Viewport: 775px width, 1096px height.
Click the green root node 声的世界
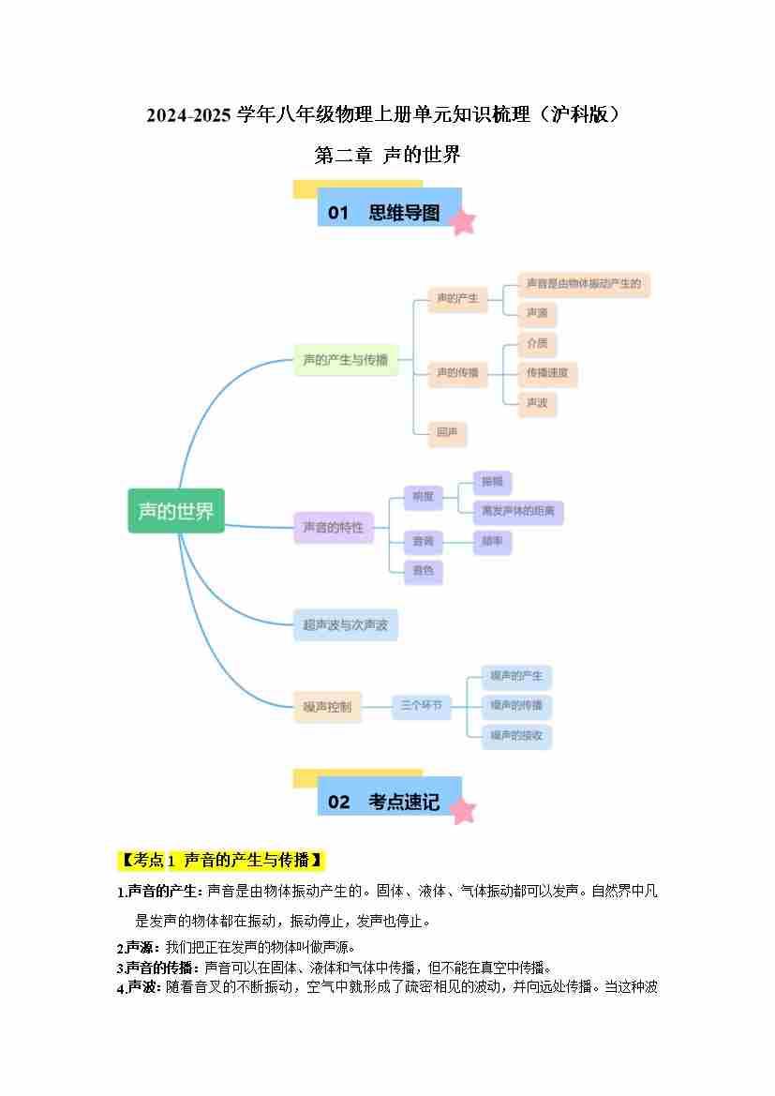coord(176,511)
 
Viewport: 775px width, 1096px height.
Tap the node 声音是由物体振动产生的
coord(583,284)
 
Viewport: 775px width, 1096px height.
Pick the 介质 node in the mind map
coord(537,343)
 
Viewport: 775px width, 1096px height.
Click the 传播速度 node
coord(548,374)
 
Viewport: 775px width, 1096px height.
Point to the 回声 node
coord(446,433)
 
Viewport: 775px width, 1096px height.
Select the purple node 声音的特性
coord(333,528)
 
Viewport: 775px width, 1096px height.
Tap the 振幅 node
coord(492,483)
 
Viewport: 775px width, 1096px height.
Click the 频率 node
coord(492,542)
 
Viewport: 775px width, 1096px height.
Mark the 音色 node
coord(423,571)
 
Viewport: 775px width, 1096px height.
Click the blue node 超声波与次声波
coord(345,624)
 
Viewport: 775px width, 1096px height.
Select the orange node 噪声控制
coord(327,707)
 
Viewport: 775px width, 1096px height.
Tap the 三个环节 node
coord(421,705)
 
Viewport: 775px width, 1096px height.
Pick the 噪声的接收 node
coord(515,736)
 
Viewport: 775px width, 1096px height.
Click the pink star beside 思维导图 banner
coord(462,221)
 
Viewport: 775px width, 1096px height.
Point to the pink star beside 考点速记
coord(462,810)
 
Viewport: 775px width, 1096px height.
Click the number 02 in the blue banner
coord(338,802)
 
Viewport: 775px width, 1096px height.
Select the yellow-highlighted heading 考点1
coord(221,860)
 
